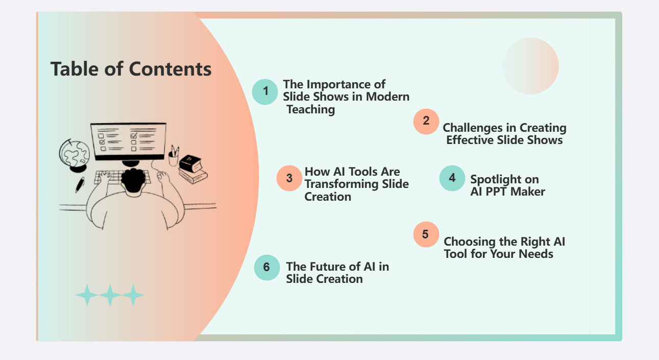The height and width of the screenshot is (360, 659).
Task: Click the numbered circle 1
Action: [265, 91]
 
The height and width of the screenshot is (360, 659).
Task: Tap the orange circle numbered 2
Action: [426, 122]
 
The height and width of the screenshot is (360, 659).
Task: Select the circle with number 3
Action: [289, 178]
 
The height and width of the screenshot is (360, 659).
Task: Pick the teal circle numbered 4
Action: [452, 178]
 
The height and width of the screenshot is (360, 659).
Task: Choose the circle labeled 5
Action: [426, 234]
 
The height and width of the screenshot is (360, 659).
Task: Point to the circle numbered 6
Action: [266, 267]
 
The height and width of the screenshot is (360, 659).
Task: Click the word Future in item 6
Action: [329, 266]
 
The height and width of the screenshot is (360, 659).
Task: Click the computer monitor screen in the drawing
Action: [128, 140]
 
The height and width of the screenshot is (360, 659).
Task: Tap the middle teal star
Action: [110, 295]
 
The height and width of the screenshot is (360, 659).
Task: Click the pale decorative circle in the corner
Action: [530, 66]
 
